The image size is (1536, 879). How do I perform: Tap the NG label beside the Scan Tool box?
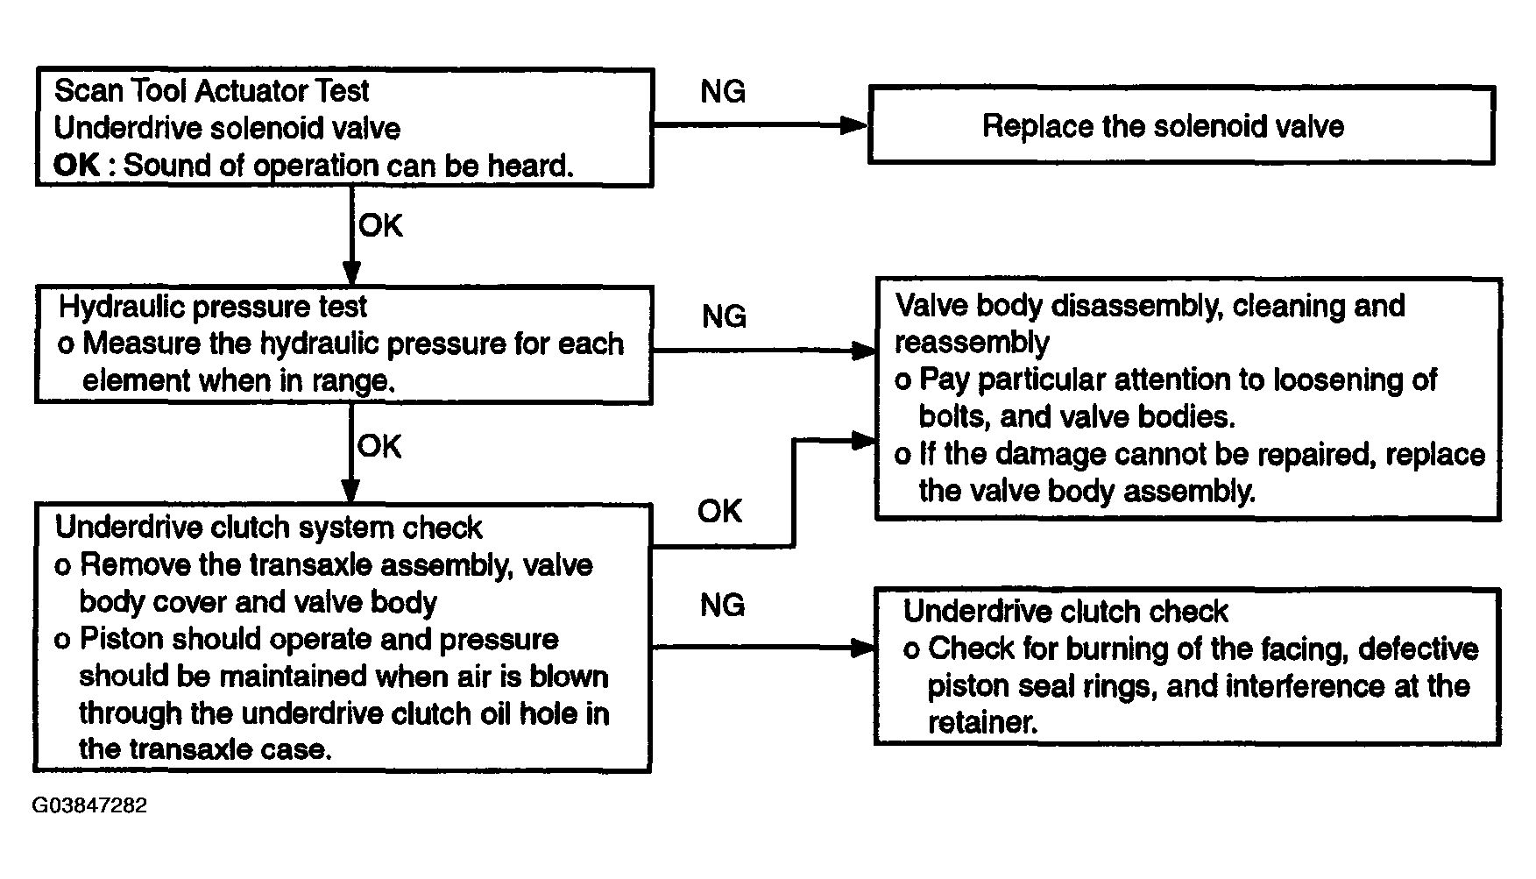(x=723, y=91)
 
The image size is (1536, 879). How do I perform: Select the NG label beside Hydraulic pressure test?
(x=724, y=315)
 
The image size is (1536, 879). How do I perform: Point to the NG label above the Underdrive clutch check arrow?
(x=723, y=605)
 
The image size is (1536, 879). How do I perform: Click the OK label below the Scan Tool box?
(x=380, y=225)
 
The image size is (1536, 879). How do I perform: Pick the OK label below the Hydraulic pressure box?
(x=379, y=446)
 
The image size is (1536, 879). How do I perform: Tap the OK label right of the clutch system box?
(x=719, y=510)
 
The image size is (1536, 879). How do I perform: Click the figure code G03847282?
(x=89, y=805)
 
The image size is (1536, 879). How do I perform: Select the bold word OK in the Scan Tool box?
(x=77, y=165)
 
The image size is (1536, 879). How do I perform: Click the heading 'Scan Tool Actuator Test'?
(x=212, y=90)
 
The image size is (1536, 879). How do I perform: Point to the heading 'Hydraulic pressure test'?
(x=213, y=307)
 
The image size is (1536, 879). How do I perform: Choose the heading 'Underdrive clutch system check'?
(x=268, y=527)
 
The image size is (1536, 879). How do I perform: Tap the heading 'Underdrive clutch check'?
(x=1065, y=610)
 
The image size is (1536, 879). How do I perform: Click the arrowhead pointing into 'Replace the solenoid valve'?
(x=854, y=125)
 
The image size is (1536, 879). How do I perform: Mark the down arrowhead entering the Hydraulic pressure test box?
(x=350, y=273)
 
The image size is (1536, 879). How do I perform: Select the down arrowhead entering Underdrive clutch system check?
(x=350, y=490)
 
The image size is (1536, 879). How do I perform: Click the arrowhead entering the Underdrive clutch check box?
(x=862, y=648)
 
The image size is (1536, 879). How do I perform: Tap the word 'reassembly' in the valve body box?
(x=972, y=343)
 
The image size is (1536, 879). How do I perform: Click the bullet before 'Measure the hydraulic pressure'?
(x=66, y=344)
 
